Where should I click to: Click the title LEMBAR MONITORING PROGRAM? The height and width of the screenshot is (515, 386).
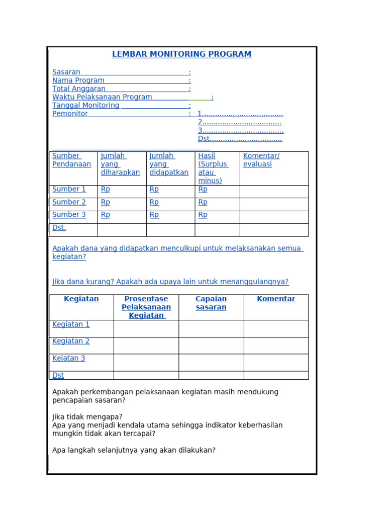point(181,54)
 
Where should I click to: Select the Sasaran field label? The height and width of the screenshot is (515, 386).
point(66,72)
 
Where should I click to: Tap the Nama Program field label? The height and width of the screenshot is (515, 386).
point(78,80)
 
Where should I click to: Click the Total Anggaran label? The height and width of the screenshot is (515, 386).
point(79,89)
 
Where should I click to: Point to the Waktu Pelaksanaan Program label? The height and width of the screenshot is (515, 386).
point(102,97)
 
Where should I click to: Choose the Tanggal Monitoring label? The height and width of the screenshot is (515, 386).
point(86,106)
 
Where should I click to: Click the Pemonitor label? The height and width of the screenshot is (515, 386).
point(70,114)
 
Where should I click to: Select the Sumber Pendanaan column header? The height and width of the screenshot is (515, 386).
point(71,160)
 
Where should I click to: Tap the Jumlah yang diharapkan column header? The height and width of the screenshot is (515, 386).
point(120,164)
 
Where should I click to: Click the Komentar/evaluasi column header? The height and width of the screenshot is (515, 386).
point(261,160)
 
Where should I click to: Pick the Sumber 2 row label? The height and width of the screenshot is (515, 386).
point(69,202)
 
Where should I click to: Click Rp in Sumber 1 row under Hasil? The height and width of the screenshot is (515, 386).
point(203,190)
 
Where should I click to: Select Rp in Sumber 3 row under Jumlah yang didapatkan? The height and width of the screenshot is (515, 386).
point(154,215)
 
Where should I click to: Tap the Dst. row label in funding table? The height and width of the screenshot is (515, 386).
point(59,228)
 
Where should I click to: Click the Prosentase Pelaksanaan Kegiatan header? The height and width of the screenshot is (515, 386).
point(146,307)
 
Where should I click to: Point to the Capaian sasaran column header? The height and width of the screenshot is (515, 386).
point(211,303)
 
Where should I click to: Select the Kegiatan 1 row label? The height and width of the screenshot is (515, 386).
point(71,324)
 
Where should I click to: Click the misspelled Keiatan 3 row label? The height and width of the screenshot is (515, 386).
point(69,359)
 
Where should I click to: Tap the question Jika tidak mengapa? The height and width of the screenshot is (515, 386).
point(87,417)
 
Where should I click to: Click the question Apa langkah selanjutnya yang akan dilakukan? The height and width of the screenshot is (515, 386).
point(134,450)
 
